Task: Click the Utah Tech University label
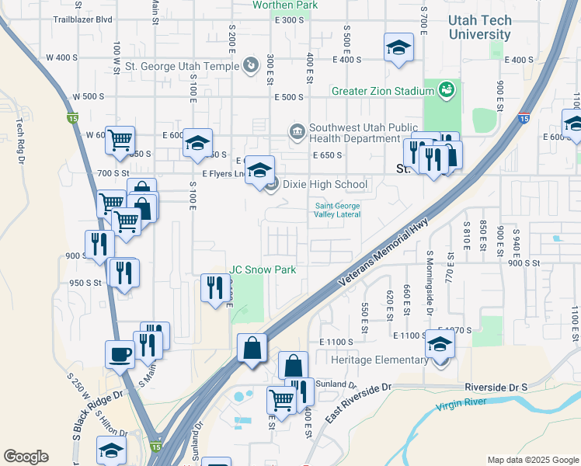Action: (x=479, y=27)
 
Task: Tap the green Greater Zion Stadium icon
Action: (x=446, y=90)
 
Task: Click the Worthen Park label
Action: (x=284, y=5)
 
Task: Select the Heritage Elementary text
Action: (x=378, y=360)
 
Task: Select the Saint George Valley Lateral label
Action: (x=337, y=210)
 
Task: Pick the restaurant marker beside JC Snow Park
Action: (x=216, y=287)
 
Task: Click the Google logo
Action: (x=26, y=457)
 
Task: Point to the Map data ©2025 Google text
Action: (x=532, y=460)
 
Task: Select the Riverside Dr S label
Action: (x=496, y=387)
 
